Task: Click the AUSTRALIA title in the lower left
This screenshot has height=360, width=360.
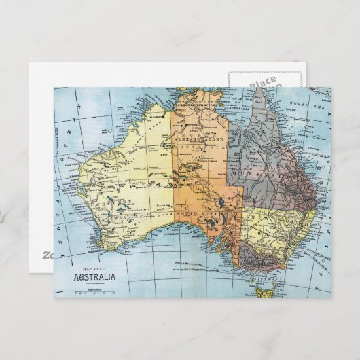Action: [x=95, y=276]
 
